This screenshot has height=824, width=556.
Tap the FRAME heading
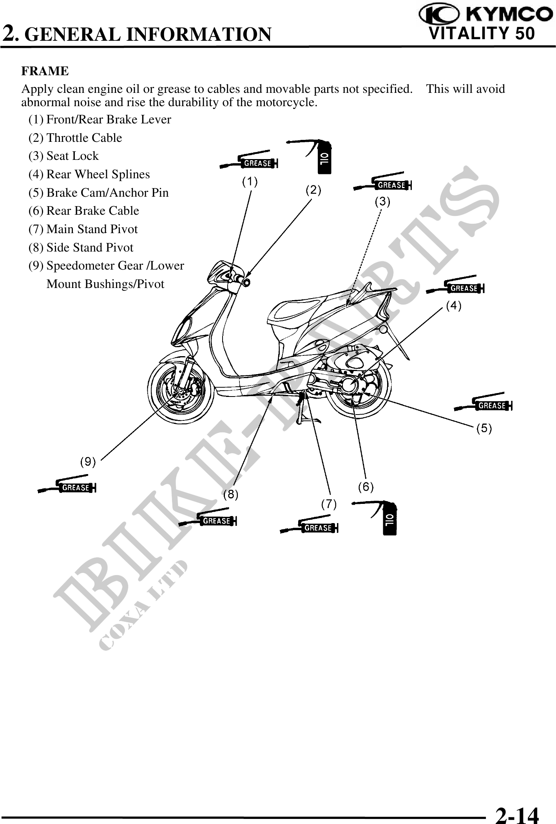[45, 71]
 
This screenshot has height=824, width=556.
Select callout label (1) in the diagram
[250, 182]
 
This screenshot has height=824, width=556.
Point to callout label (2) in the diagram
[313, 191]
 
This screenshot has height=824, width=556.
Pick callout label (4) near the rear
[454, 306]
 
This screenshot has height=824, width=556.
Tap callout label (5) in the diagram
[484, 428]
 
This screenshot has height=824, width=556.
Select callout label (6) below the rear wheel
[366, 487]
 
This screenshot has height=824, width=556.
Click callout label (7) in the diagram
[329, 504]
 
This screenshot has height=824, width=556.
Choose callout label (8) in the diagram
[231, 495]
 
